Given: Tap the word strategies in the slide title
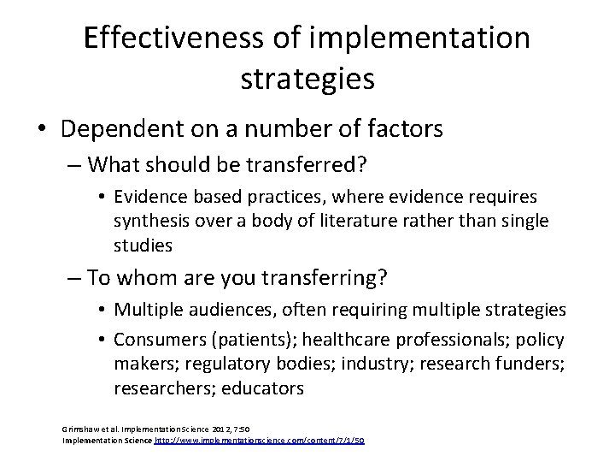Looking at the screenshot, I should tap(307, 80).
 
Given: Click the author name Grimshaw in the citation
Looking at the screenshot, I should tap(82, 427).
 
